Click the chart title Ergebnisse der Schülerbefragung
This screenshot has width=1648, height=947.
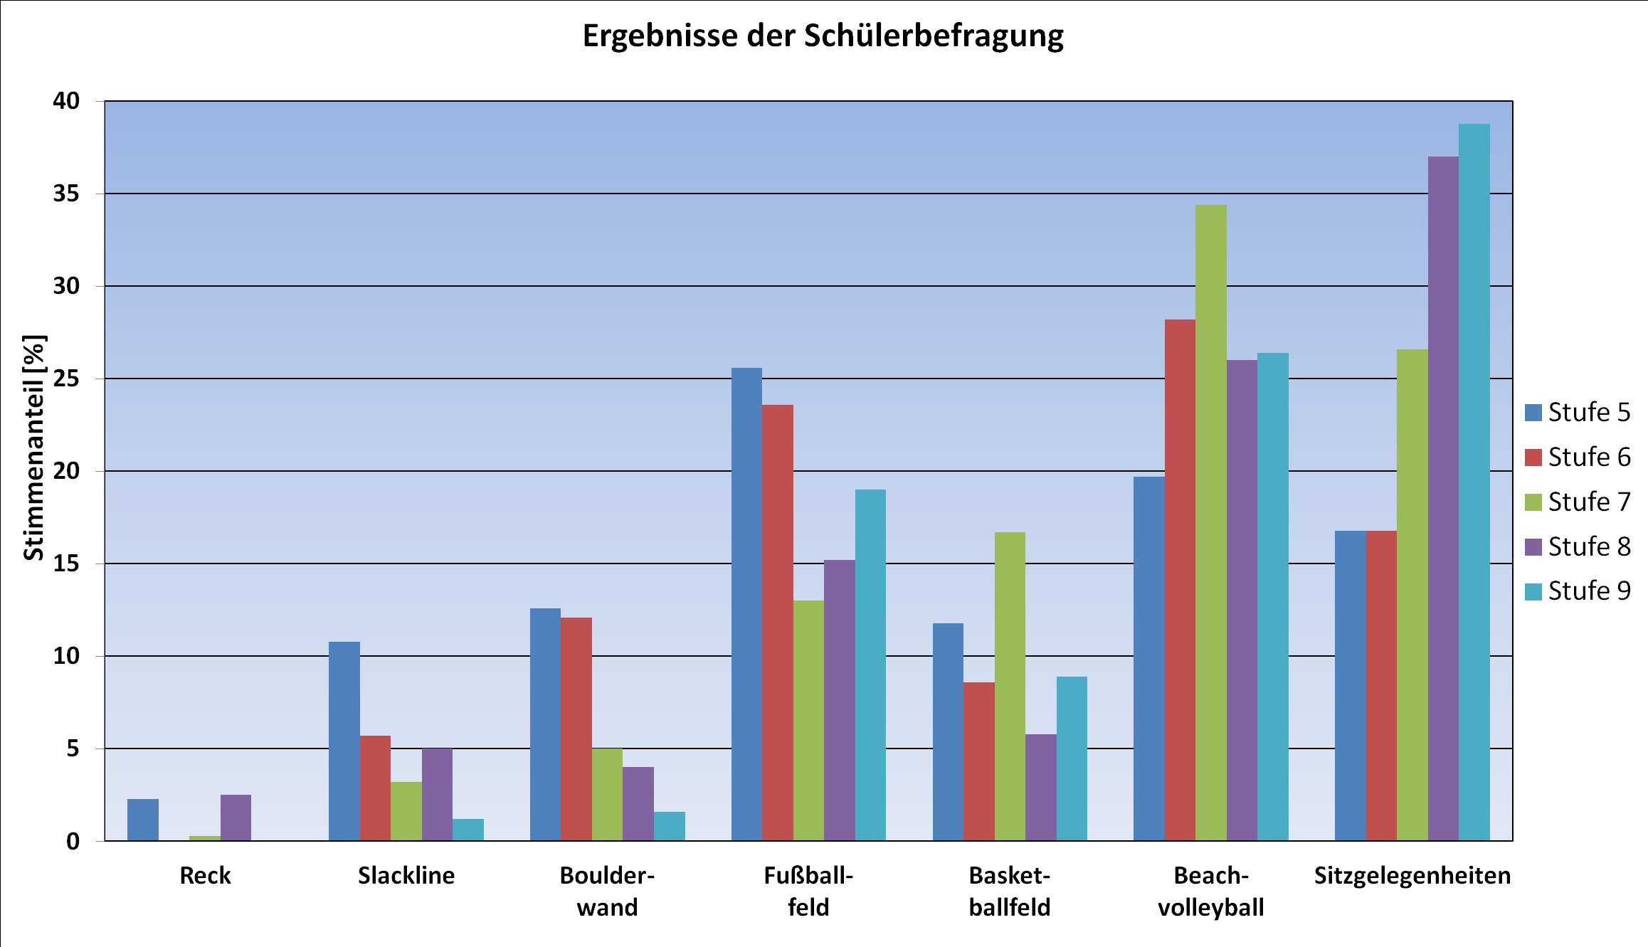[x=823, y=36]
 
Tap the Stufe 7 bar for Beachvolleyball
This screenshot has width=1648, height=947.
[x=1210, y=523]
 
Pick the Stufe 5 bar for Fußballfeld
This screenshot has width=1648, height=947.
[x=746, y=604]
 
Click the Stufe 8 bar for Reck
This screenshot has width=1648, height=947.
[x=236, y=818]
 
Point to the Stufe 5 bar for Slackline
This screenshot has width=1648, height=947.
[x=344, y=741]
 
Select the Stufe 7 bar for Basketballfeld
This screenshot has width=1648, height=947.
[x=1010, y=687]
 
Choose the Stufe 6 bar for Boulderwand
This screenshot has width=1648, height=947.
[x=576, y=729]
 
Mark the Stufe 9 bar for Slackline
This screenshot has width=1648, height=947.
[x=468, y=830]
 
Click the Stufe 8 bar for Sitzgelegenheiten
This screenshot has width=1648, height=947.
[x=1443, y=499]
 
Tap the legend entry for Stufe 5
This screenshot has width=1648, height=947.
[x=1577, y=412]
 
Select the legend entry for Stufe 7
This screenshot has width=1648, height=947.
[x=1577, y=502]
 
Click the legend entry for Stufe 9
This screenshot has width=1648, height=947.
[x=1577, y=591]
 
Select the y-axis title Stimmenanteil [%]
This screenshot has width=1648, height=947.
[x=33, y=448]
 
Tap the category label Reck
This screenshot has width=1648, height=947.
[x=205, y=875]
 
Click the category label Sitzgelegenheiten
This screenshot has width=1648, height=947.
[x=1412, y=875]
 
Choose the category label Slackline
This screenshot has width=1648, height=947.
[x=406, y=875]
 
